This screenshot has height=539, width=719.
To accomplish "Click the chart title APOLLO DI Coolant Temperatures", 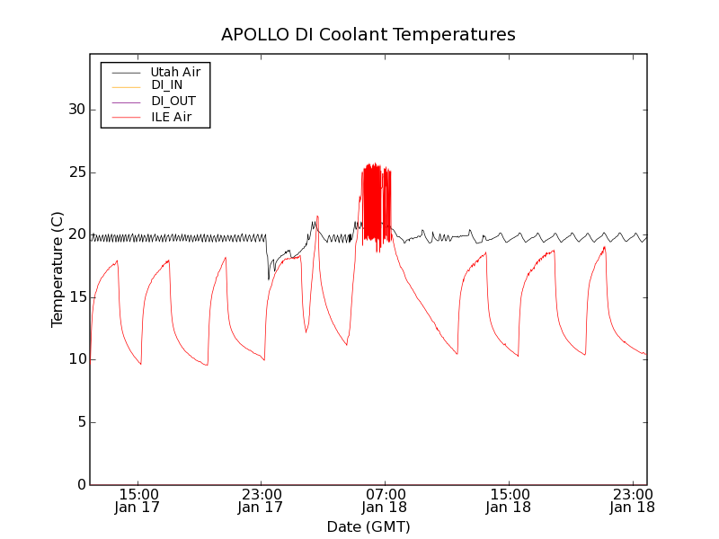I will [x=368, y=35].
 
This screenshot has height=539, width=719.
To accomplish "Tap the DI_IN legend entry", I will [x=167, y=85].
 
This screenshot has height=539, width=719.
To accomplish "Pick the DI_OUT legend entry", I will [x=173, y=101].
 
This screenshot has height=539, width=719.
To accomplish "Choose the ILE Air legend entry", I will [x=172, y=117].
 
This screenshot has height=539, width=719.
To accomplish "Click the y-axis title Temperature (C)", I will [x=58, y=269].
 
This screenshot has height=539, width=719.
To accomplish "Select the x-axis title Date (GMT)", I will [x=368, y=526].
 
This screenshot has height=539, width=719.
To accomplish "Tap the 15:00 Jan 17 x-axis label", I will [x=138, y=500].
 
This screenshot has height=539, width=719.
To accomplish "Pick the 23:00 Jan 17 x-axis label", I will [x=262, y=500].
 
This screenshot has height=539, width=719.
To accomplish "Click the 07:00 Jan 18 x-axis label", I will [x=385, y=500].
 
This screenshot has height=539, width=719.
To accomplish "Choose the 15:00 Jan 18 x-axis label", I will [x=509, y=500].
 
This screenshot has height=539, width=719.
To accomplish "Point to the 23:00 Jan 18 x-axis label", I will [x=632, y=500].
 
